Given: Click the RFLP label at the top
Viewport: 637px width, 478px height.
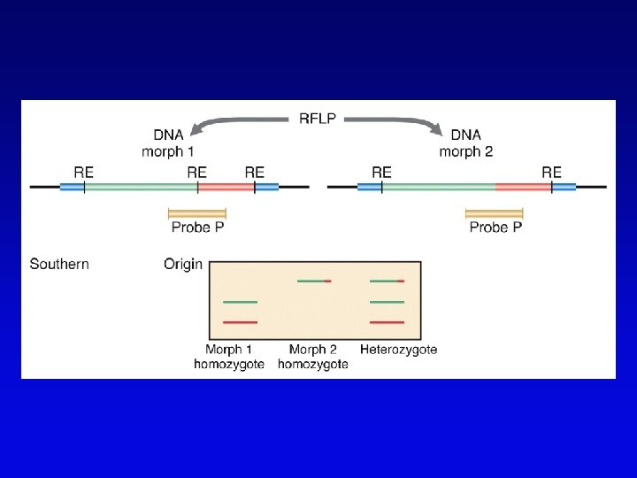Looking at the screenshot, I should pos(318,118).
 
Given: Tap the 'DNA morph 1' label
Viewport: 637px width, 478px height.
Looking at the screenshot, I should pos(169,143).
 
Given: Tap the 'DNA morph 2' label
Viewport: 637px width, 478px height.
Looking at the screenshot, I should pos(466,143).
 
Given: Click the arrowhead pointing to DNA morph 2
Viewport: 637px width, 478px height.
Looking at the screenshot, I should pos(437,131).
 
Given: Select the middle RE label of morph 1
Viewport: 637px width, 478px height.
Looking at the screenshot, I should pos(196,172).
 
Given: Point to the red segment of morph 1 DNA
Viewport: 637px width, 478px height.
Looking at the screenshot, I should pos(225,187).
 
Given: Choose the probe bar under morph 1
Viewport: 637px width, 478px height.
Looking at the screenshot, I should pos(197,212).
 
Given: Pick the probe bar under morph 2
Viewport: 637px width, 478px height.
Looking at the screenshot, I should pos(495,212).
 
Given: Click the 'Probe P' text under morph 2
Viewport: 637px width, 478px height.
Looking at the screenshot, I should pos(495,227).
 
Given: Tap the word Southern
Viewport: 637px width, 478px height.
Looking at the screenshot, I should pos(59,264).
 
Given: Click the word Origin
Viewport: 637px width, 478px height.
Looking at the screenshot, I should pos(183,264).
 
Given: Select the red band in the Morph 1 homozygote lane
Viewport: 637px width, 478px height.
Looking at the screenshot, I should pos(240,322).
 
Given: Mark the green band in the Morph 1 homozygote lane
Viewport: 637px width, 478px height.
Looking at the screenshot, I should pos(240,302).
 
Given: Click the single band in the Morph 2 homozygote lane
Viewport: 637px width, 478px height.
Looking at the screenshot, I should pos(314,281).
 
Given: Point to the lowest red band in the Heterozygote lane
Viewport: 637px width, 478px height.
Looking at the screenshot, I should pos(387,322).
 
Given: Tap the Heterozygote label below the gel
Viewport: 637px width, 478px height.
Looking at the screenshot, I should pos(398,350).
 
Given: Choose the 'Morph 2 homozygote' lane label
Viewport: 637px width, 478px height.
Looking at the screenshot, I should pos(313,357).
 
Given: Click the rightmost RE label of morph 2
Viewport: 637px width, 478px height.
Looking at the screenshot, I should pos(551,172).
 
